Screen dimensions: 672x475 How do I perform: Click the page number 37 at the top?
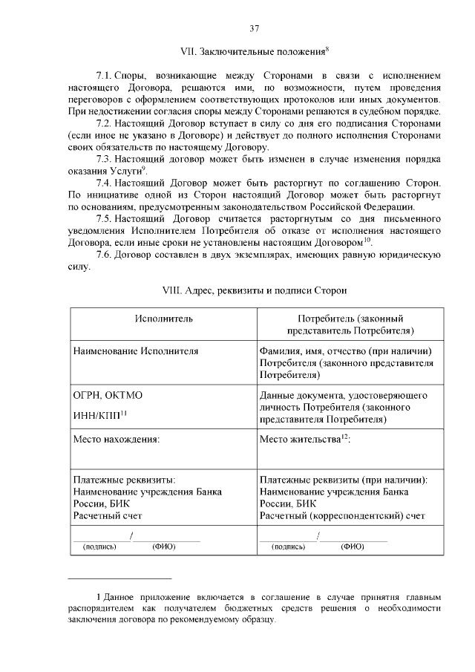(x=254, y=28)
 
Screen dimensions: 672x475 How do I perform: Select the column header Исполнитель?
(x=164, y=319)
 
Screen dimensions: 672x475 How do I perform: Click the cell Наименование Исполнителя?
(x=135, y=350)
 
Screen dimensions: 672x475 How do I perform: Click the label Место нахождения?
(x=117, y=440)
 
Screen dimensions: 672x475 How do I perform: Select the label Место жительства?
(x=299, y=440)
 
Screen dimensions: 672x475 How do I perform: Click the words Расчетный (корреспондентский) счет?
(x=342, y=515)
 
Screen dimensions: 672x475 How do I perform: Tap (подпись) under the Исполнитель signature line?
(x=101, y=547)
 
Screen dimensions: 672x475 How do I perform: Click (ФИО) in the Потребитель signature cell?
(x=352, y=547)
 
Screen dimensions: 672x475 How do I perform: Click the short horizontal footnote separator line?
(x=119, y=578)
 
